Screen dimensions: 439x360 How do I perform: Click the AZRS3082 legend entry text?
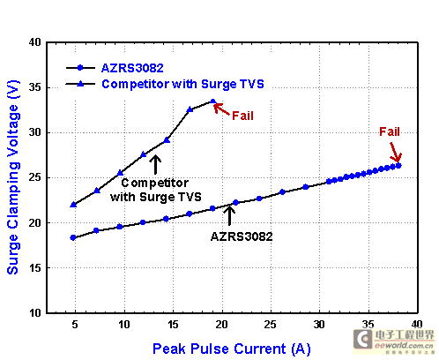[x=132, y=68]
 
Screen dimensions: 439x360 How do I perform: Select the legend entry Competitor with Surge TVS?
[x=182, y=84]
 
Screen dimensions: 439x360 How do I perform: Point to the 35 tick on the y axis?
[x=35, y=87]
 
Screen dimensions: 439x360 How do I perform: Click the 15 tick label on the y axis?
[x=35, y=268]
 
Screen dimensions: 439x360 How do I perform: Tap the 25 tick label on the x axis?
[x=271, y=325]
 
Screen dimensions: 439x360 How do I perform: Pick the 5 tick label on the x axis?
[x=75, y=325]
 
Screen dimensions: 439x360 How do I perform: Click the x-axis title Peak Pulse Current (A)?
[x=232, y=349]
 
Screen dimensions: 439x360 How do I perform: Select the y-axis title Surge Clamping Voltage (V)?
[x=13, y=177]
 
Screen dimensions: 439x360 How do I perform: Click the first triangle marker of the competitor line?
[x=73, y=205]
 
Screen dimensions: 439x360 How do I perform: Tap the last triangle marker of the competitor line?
[x=213, y=101]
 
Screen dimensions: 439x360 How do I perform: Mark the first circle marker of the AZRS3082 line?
[x=73, y=237]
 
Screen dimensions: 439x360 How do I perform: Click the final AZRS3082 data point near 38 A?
[x=398, y=166]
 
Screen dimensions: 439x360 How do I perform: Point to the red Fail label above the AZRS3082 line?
[x=390, y=131]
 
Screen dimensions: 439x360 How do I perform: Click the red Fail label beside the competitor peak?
[x=242, y=116]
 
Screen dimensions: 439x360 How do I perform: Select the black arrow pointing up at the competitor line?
[x=155, y=164]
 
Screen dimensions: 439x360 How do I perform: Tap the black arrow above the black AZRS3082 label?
[x=229, y=215]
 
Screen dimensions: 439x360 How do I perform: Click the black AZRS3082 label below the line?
[x=242, y=236]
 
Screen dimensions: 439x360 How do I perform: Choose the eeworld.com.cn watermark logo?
[x=394, y=342]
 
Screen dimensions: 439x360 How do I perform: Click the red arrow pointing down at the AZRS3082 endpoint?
[x=396, y=153]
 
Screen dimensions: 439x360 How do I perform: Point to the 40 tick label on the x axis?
[x=417, y=325]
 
